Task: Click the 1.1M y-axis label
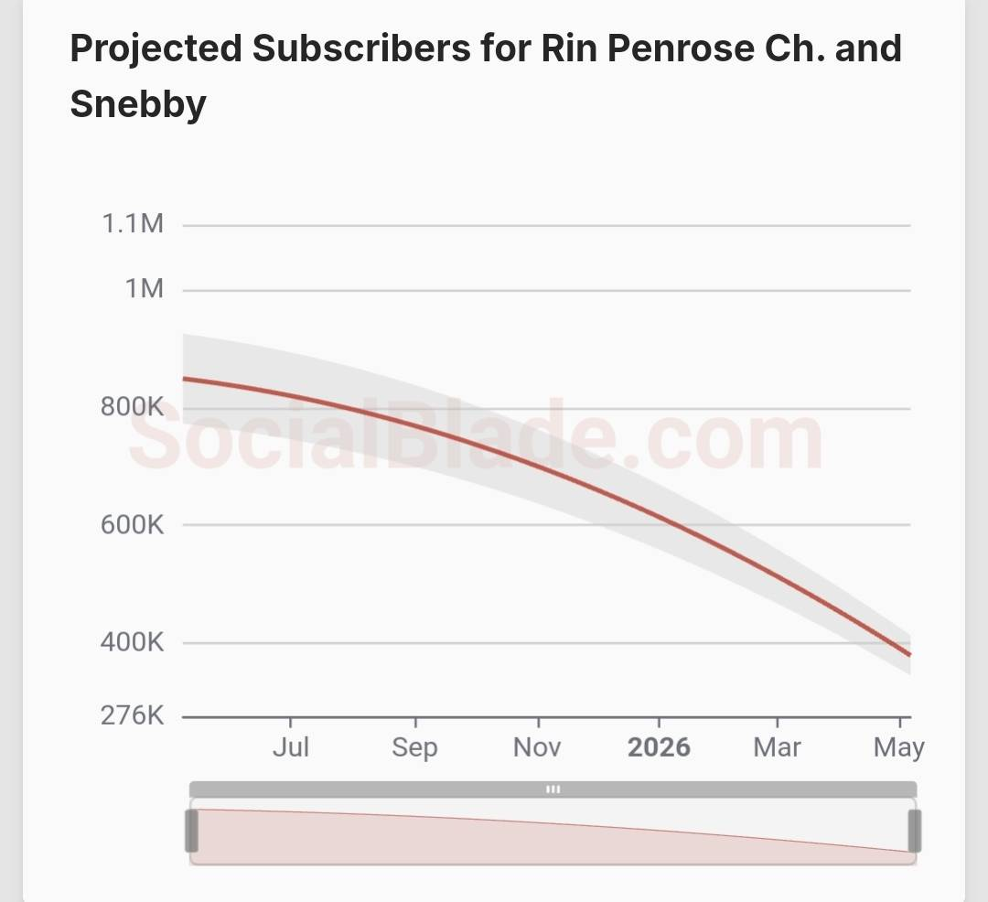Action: [133, 223]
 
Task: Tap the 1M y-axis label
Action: [144, 289]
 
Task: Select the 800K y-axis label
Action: [133, 407]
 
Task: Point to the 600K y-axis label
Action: [133, 525]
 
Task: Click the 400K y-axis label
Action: [133, 642]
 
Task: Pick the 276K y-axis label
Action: [133, 714]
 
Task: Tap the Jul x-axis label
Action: [291, 747]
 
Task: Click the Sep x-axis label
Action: [415, 747]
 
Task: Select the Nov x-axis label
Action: [537, 747]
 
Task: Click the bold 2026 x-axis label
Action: [659, 747]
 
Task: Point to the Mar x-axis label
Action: [777, 747]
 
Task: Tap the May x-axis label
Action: [899, 747]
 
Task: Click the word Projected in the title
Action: [155, 48]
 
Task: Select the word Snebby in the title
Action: [138, 103]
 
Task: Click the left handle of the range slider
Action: [192, 831]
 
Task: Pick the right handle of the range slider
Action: [914, 831]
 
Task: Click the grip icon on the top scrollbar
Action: [553, 789]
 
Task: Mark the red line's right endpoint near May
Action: [909, 654]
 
